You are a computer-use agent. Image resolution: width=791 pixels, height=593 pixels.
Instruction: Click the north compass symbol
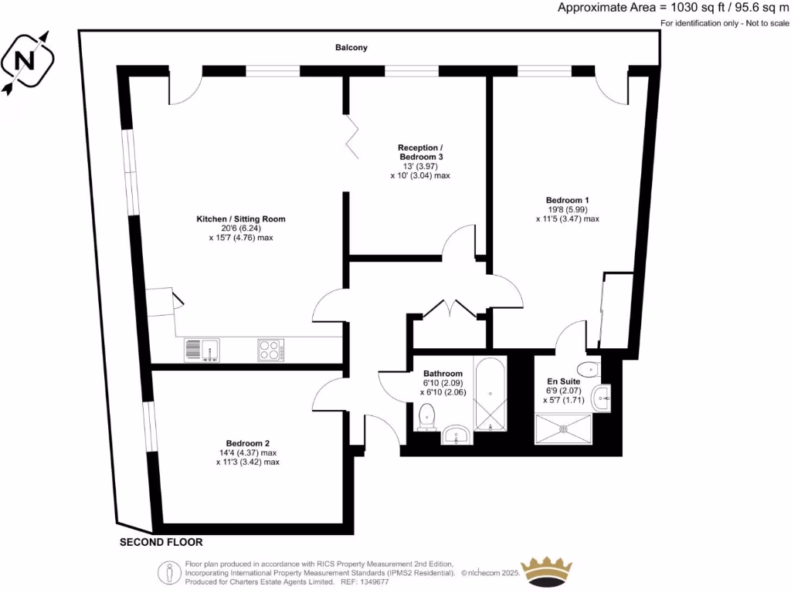27,60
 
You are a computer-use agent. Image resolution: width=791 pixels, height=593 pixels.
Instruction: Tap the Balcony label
351,48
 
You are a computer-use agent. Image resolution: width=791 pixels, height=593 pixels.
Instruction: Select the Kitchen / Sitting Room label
241,219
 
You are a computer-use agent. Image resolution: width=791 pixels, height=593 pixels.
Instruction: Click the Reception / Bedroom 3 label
420,152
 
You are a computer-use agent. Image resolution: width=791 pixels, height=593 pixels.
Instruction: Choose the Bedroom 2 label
247,443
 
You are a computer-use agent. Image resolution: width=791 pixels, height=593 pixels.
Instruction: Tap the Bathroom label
443,374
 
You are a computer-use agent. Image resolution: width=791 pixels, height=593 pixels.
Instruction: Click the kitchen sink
202,351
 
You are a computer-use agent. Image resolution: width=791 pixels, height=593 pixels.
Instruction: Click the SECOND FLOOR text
161,543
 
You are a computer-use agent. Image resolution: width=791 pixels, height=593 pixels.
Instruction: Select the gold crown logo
548,569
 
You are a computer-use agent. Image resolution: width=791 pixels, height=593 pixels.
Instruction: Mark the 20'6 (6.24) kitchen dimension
241,229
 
